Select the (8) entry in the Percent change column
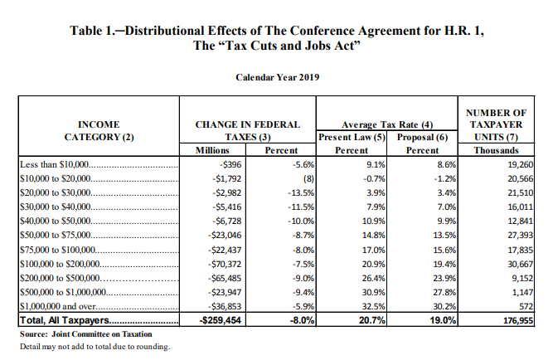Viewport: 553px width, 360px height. tap(306, 178)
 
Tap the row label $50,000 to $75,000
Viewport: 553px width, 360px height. tap(58, 236)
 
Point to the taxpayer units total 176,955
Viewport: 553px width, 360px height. tap(515, 320)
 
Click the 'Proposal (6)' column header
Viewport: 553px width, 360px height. tap(422, 136)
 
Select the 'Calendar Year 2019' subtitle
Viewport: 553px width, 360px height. tap(277, 77)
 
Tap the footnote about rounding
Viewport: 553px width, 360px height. tap(95, 346)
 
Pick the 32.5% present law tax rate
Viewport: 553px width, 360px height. tap(371, 305)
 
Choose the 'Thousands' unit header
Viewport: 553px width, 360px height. tap(496, 150)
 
